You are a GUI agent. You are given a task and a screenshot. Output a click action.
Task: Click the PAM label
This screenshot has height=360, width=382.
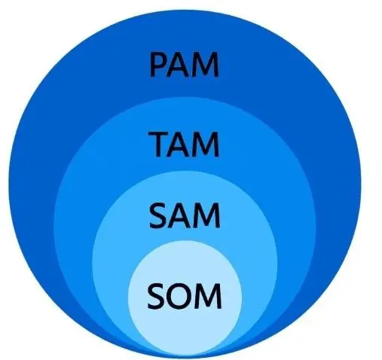185,64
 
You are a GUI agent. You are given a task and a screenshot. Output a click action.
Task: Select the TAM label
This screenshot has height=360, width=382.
184,145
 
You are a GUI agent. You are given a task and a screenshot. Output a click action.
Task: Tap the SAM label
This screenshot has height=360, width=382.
185,216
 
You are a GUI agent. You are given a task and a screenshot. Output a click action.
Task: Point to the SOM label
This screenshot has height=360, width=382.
185,296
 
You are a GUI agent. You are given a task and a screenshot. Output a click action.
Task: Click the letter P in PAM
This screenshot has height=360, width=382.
157,64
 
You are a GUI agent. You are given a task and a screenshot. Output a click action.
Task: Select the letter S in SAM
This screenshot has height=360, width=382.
157,216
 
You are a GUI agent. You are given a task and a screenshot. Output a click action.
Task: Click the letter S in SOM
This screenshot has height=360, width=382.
155,296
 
